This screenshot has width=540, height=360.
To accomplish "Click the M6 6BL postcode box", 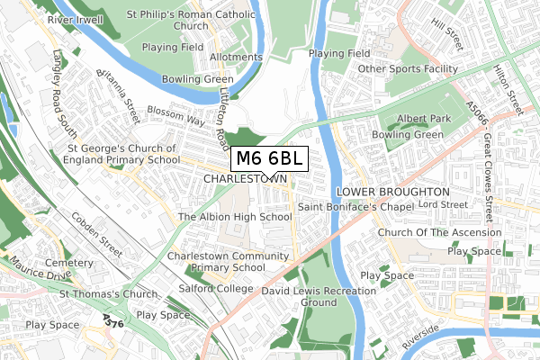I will coord(270,158).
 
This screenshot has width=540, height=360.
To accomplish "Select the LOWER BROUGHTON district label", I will coord(391,193).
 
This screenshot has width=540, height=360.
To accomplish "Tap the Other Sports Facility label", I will coord(408,69).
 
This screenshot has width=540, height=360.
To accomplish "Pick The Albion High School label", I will coord(235,217).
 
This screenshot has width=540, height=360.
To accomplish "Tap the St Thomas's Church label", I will coord(108,294).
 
